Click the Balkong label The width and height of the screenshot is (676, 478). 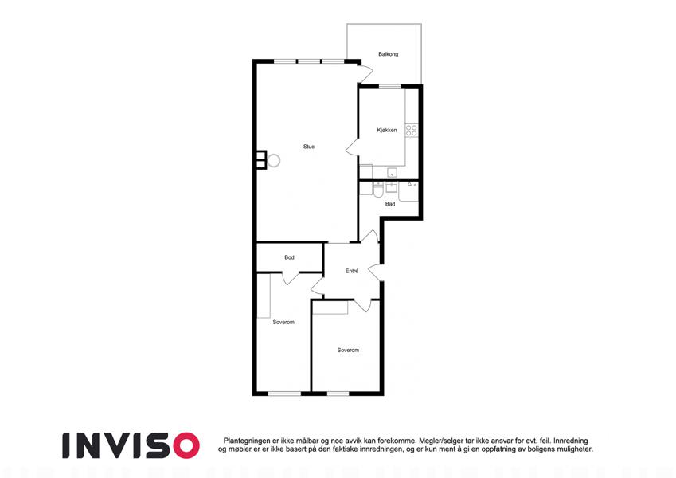click(x=388, y=54)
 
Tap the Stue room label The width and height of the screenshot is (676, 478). click(x=309, y=147)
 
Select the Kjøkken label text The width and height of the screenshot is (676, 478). click(x=387, y=131)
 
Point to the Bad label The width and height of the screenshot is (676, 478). click(x=390, y=204)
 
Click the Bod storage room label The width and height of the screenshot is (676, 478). click(x=289, y=257)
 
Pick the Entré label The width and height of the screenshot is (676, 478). click(x=352, y=272)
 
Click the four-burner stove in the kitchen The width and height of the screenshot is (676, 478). click(x=412, y=131)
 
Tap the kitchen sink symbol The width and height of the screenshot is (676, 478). click(x=392, y=173)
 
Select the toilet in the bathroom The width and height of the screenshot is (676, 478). click(x=378, y=190)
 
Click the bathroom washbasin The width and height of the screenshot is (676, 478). click(x=392, y=187)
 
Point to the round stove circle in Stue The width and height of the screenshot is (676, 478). click(x=273, y=161)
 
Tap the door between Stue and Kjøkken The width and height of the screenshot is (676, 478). click(x=352, y=147)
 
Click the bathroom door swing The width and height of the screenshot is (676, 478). click(x=370, y=237)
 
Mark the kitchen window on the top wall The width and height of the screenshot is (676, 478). click(x=389, y=86)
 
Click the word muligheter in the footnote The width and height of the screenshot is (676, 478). click(x=574, y=449)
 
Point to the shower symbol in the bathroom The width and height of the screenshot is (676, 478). click(x=408, y=191)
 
